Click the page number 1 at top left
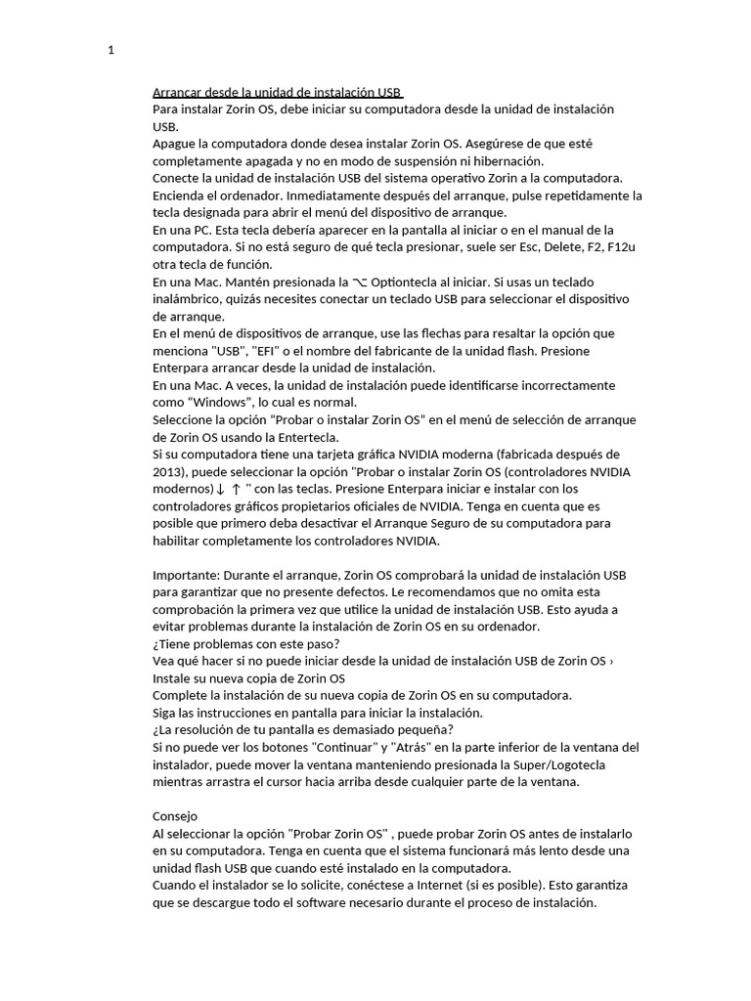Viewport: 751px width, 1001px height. [111, 51]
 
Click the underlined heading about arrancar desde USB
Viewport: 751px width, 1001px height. [278, 91]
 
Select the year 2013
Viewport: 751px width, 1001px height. [169, 472]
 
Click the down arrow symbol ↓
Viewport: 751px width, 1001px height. [220, 489]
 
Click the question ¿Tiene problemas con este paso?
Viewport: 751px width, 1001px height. [246, 643]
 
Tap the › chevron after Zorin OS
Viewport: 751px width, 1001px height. [611, 662]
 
